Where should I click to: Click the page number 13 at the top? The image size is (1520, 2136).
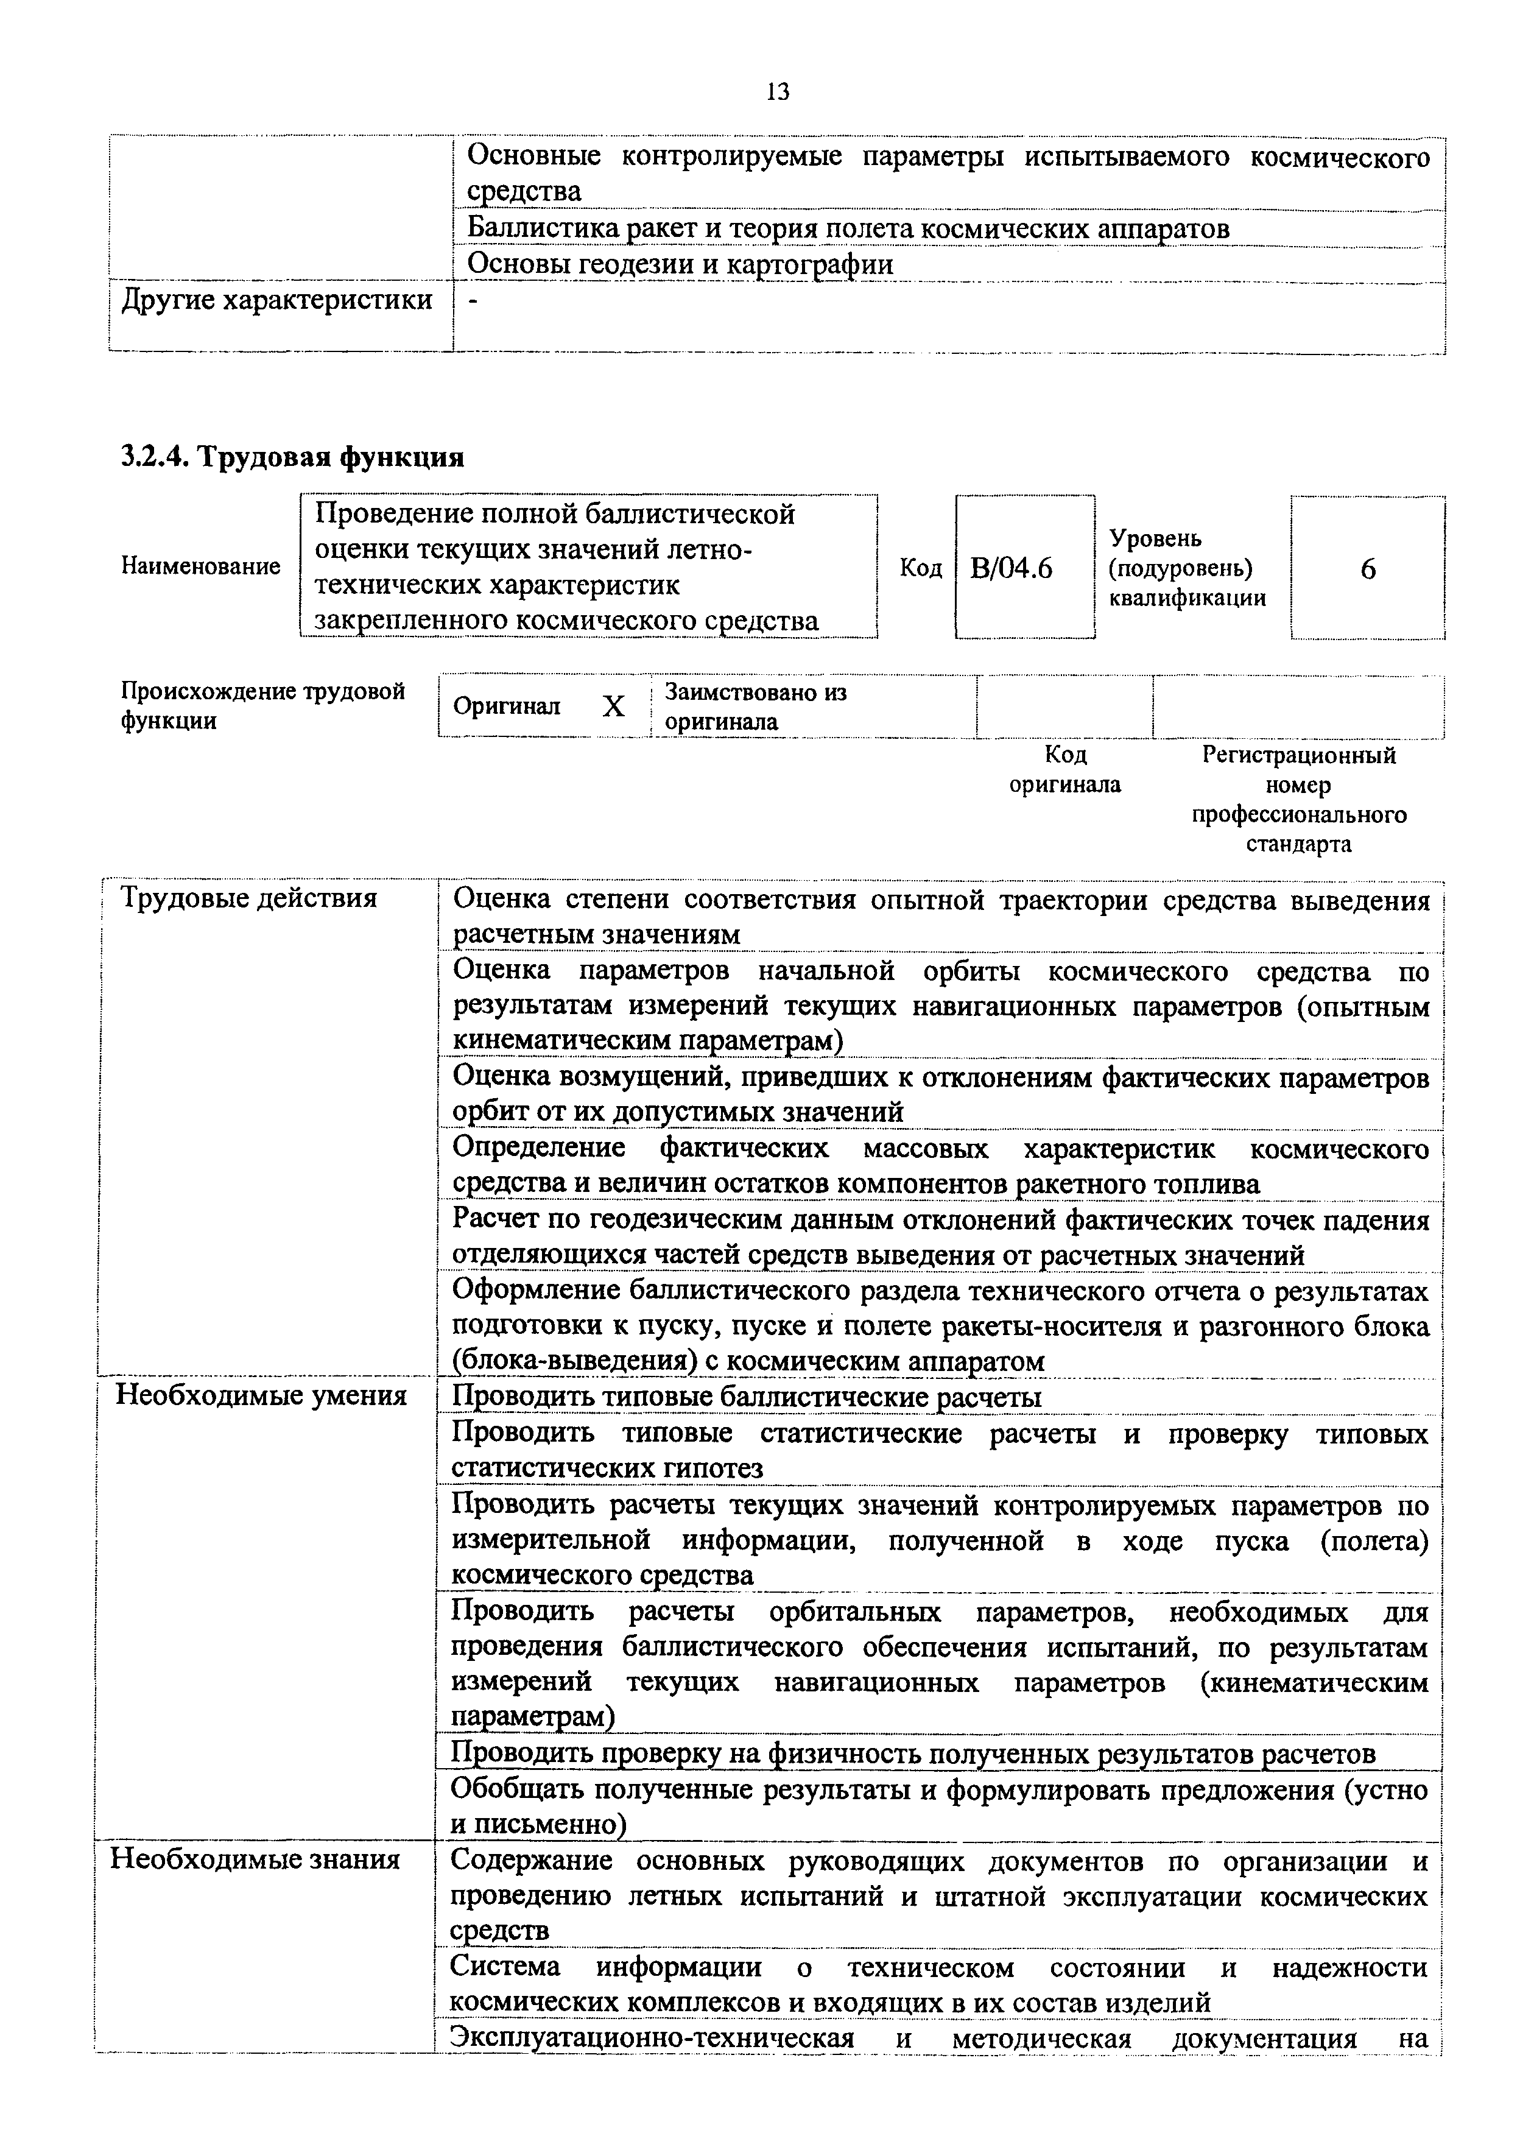778,92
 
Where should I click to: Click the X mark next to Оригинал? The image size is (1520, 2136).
613,707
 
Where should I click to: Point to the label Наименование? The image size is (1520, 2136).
201,566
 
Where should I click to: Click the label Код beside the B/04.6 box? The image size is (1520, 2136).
920,568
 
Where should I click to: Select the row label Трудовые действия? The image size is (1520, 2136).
249,898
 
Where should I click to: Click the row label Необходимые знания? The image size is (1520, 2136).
256,1859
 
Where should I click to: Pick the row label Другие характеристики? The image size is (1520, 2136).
277,300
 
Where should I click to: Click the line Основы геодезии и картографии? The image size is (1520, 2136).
680,265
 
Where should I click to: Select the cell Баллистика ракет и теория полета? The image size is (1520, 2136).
847,228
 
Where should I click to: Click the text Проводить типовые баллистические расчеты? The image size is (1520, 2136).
746,1397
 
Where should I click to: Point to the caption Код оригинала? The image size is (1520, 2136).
1065,769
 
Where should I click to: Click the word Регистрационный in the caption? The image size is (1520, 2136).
1298,755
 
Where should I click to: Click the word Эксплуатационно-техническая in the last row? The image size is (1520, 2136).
652,2039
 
